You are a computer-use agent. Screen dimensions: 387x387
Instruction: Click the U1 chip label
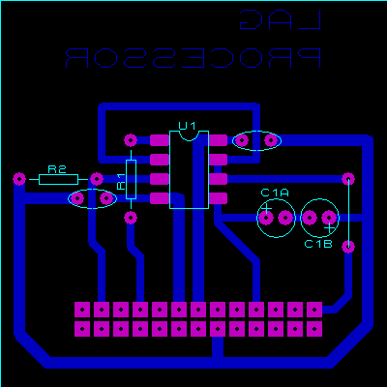point(188,126)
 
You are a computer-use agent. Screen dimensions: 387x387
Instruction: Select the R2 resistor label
point(57,169)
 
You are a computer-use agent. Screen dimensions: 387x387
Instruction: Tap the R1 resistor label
point(121,182)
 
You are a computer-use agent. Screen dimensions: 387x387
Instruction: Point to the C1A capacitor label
point(275,193)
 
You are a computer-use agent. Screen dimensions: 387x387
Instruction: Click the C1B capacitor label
point(318,244)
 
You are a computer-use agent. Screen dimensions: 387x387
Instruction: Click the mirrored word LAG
point(281,19)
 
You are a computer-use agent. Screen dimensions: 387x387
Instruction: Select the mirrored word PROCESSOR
point(193,58)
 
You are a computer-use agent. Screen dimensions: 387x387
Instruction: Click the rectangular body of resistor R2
point(58,179)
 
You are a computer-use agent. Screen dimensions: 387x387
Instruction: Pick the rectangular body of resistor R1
point(131,179)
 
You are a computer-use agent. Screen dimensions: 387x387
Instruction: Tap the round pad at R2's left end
point(19,179)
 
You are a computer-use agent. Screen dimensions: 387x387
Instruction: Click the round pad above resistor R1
point(131,140)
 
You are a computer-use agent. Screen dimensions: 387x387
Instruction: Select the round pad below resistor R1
point(131,218)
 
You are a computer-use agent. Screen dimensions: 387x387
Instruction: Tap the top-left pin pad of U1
point(160,140)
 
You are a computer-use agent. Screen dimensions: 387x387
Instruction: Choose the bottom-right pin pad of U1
point(218,198)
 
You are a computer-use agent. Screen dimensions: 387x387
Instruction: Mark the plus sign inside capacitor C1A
point(266,208)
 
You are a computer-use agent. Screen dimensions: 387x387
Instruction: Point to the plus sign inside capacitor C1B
point(329,228)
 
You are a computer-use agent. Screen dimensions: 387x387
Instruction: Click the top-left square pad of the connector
point(82,310)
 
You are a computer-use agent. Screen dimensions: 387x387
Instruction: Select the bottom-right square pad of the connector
point(314,329)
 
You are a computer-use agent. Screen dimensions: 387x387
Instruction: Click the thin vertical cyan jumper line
point(348,213)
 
